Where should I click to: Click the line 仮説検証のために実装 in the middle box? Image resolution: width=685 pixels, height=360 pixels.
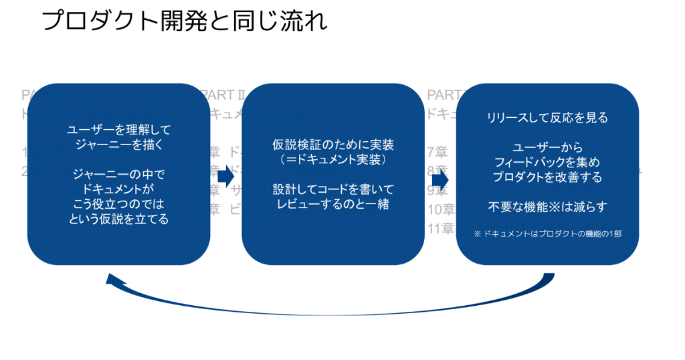pos(333,145)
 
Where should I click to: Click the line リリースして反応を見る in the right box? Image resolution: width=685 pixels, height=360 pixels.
pos(547,118)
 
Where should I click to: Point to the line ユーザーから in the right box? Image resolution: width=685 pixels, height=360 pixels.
pos(547,148)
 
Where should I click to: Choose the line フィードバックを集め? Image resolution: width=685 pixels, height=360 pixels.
pos(547,163)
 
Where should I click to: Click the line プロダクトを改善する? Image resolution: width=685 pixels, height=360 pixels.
pos(547,177)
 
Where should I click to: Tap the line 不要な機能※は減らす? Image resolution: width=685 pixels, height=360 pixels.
pos(547,207)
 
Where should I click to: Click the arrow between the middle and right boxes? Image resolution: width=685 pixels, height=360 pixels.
pos(439,180)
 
